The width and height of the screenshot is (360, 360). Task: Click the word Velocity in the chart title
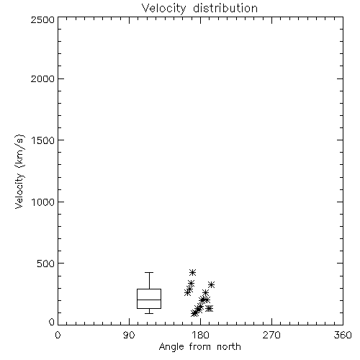163,9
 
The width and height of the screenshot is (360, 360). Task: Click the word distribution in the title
225,8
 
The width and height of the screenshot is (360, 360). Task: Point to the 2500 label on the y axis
42,19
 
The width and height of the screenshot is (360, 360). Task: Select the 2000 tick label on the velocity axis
42,79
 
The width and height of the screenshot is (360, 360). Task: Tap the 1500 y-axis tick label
43,140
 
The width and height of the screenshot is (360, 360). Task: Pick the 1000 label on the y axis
43,202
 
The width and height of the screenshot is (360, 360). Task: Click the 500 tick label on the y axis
46,264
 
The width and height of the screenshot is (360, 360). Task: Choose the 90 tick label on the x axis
129,335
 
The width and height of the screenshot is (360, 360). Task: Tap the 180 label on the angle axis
200,335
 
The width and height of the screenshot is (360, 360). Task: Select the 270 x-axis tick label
271,335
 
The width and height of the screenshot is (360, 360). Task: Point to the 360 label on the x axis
343,335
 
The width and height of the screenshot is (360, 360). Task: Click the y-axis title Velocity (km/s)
19,171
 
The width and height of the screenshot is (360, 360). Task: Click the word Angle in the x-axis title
171,347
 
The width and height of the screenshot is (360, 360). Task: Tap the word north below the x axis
229,347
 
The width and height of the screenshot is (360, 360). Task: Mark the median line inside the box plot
149,300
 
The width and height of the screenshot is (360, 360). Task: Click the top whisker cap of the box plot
149,272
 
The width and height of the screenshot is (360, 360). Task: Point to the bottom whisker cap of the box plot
149,313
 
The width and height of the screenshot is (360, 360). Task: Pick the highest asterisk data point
192,272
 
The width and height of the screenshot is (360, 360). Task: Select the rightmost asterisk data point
211,285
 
